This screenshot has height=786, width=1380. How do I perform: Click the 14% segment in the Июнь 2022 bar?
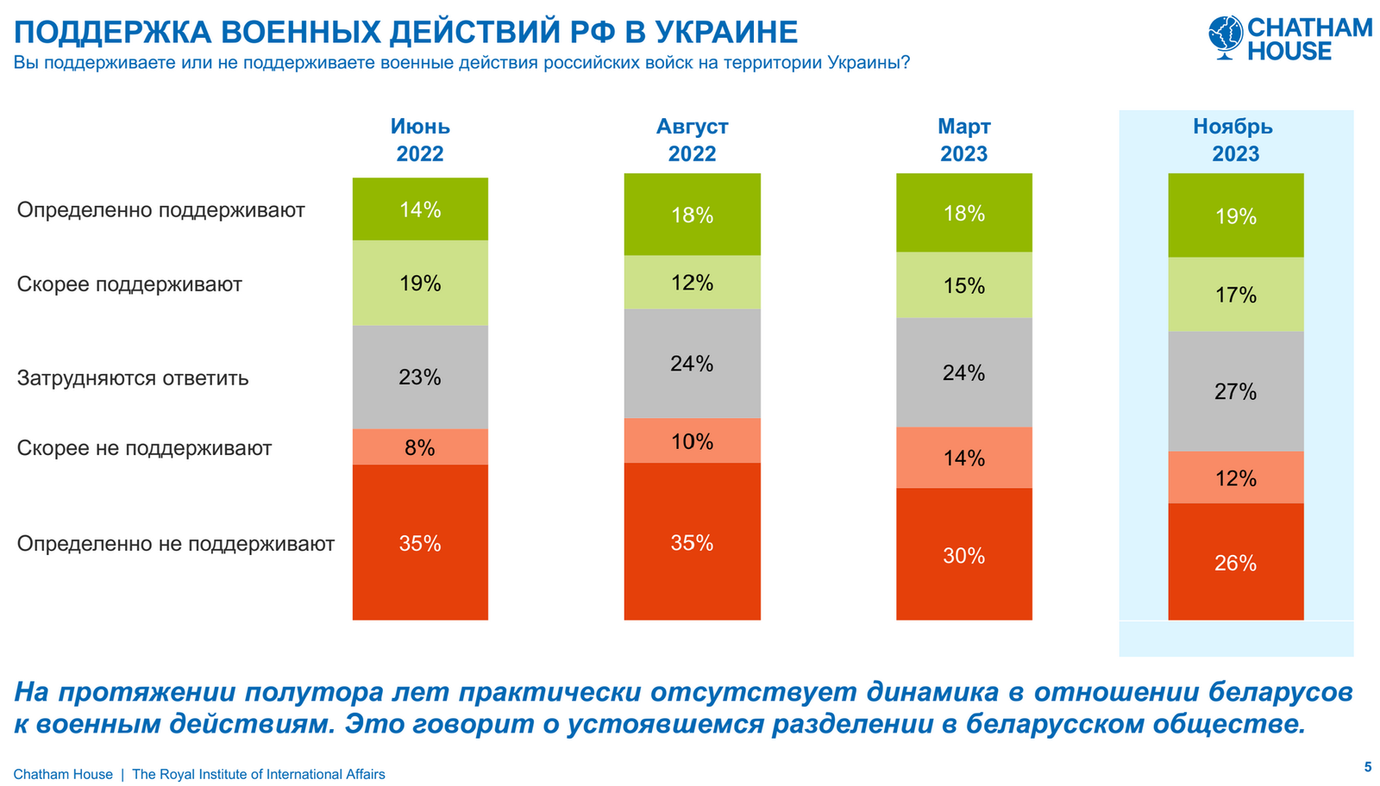[x=420, y=209]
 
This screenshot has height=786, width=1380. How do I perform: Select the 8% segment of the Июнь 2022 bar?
[x=420, y=447]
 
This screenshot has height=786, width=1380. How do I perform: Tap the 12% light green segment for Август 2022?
[x=692, y=283]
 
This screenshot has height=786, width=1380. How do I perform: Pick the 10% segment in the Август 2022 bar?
[x=692, y=441]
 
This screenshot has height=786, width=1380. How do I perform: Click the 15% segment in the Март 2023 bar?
[x=963, y=285]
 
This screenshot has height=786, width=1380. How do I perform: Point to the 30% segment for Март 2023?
[x=963, y=555]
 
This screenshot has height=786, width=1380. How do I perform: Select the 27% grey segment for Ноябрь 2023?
[x=1235, y=391]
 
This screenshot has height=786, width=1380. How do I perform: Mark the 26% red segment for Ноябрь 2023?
[x=1235, y=562]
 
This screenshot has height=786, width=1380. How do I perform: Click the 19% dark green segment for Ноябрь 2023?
[x=1235, y=215]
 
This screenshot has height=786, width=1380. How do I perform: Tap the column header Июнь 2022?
[x=420, y=140]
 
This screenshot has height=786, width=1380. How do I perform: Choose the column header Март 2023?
[x=963, y=140]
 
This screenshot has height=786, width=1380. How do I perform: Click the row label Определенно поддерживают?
[x=160, y=210]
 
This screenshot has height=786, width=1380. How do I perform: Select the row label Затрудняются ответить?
[x=133, y=377]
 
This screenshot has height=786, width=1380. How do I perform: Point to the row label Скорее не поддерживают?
[x=144, y=448]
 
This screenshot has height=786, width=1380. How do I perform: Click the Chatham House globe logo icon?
[x=1226, y=37]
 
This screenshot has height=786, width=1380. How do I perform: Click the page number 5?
[x=1367, y=766]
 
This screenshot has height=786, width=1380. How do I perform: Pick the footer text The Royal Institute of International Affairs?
[x=259, y=774]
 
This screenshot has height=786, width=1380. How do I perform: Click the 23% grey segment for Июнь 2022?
[x=420, y=377]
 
